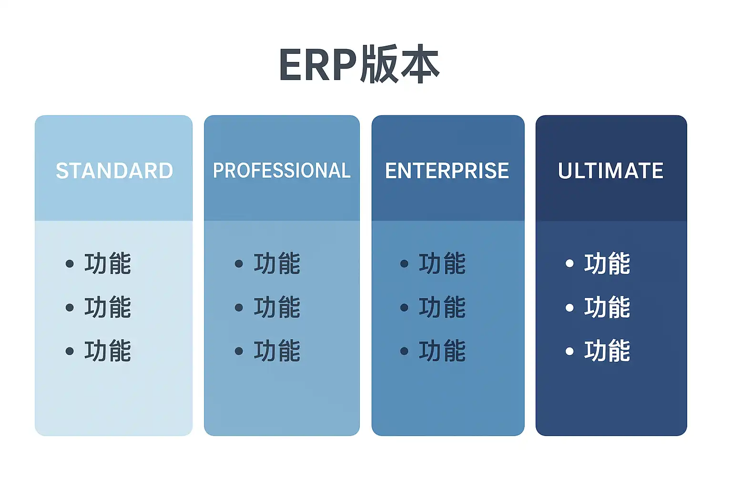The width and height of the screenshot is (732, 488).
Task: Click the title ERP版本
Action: click(359, 64)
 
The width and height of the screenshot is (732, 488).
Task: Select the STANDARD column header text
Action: click(114, 171)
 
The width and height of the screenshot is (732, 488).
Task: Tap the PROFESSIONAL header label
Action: click(282, 171)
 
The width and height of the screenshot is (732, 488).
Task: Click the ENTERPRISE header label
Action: click(447, 171)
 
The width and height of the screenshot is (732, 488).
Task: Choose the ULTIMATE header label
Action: click(610, 171)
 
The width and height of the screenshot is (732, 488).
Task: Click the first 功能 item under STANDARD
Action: click(108, 264)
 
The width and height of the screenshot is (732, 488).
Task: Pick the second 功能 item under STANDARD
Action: click(108, 307)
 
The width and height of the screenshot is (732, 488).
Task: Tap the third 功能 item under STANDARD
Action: click(108, 351)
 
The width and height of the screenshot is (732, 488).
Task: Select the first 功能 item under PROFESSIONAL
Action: click(277, 264)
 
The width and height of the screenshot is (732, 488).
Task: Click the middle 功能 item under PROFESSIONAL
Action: click(277, 307)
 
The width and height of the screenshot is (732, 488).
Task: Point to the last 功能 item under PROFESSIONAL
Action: click(277, 351)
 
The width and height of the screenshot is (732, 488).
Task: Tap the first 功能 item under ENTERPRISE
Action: click(442, 264)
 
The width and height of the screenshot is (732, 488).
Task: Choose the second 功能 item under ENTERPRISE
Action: click(442, 307)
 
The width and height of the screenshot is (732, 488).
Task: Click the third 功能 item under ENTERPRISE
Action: click(442, 351)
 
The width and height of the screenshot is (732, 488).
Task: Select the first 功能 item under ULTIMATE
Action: click(607, 264)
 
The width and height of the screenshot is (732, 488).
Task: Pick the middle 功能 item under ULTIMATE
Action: click(607, 307)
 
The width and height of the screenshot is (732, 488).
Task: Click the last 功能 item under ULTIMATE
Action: click(607, 351)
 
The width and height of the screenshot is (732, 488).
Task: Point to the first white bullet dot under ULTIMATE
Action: click(569, 264)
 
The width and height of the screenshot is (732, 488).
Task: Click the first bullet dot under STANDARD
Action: click(70, 264)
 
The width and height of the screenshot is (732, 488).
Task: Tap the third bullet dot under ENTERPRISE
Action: click(404, 351)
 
